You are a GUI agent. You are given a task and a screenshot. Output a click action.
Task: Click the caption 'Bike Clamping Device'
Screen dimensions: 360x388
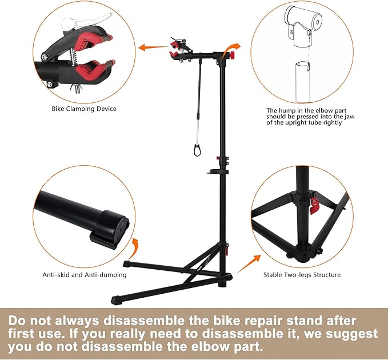[x=84, y=109]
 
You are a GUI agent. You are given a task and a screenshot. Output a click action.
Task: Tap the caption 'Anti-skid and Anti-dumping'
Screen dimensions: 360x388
[x=84, y=275]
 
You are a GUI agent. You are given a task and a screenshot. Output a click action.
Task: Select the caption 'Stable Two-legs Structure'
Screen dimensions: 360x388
[x=302, y=275]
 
